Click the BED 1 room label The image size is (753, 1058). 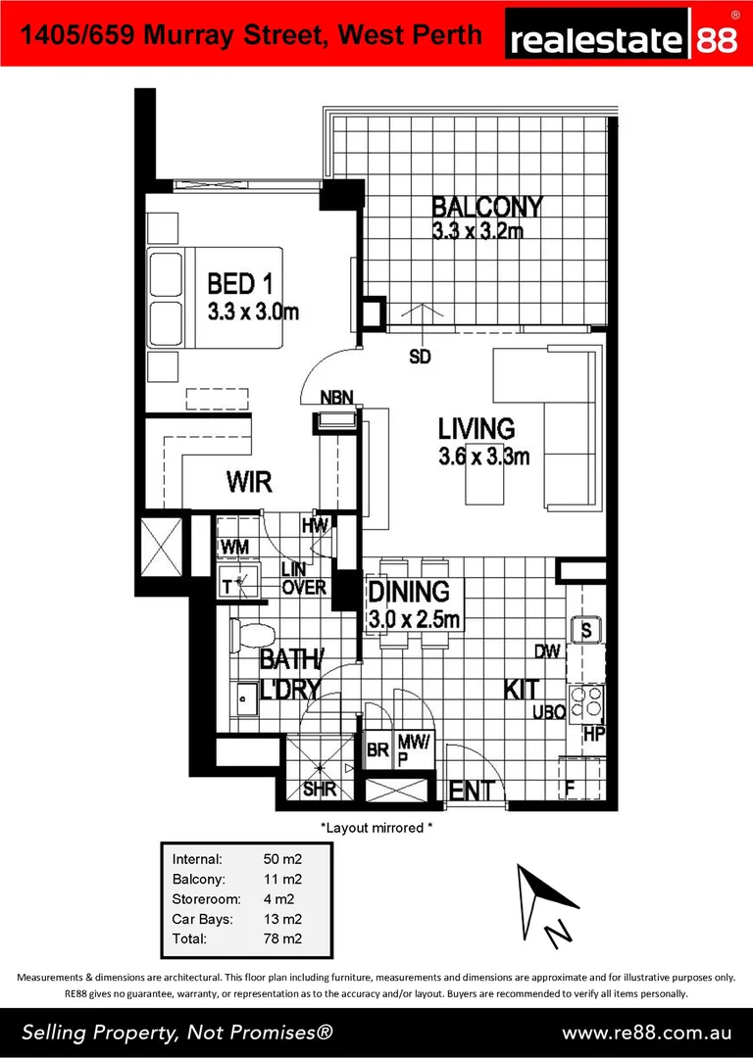tap(239, 284)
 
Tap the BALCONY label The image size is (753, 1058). tap(487, 207)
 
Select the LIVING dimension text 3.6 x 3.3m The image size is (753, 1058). tap(483, 456)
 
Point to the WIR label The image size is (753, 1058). tap(249, 482)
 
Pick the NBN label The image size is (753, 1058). tap(337, 398)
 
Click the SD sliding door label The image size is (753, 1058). tap(420, 357)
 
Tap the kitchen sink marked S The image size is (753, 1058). tap(586, 630)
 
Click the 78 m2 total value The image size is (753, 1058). tap(282, 938)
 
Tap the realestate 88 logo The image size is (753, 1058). tap(625, 38)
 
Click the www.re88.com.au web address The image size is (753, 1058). tap(646, 1033)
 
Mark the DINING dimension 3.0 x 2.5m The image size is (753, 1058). tap(413, 620)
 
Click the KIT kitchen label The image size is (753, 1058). tap(520, 689)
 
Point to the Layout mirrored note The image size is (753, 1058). tap(376, 828)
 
